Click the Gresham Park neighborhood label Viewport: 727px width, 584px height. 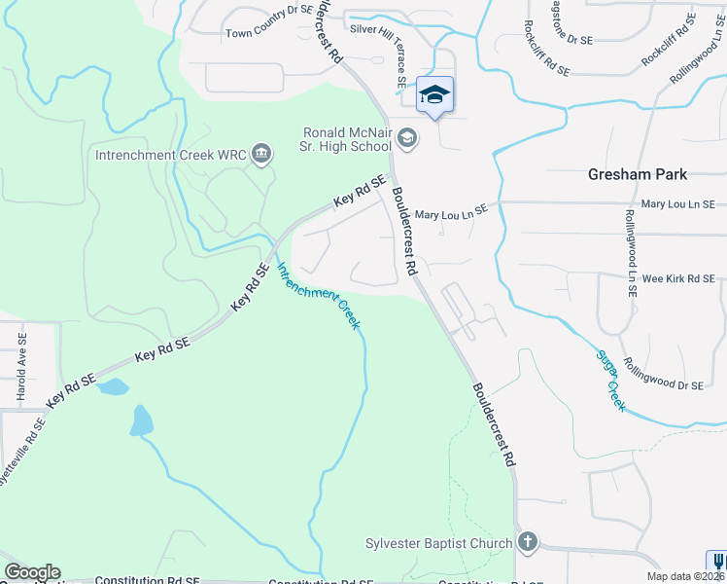tap(638, 174)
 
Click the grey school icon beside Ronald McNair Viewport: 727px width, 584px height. tap(408, 139)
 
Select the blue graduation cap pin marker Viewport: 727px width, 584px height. tap(434, 95)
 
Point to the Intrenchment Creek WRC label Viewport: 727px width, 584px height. tap(170, 154)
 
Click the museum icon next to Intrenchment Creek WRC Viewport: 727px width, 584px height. tap(260, 154)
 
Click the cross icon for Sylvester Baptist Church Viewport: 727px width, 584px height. tap(528, 542)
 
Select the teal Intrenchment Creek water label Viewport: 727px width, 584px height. tap(319, 295)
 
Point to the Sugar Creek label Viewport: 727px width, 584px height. tap(610, 380)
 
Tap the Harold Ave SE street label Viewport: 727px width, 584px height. tap(21, 366)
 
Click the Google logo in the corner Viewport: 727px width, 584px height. tap(32, 572)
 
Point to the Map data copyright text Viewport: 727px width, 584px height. tap(684, 576)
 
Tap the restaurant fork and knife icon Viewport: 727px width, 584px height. tap(717, 563)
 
